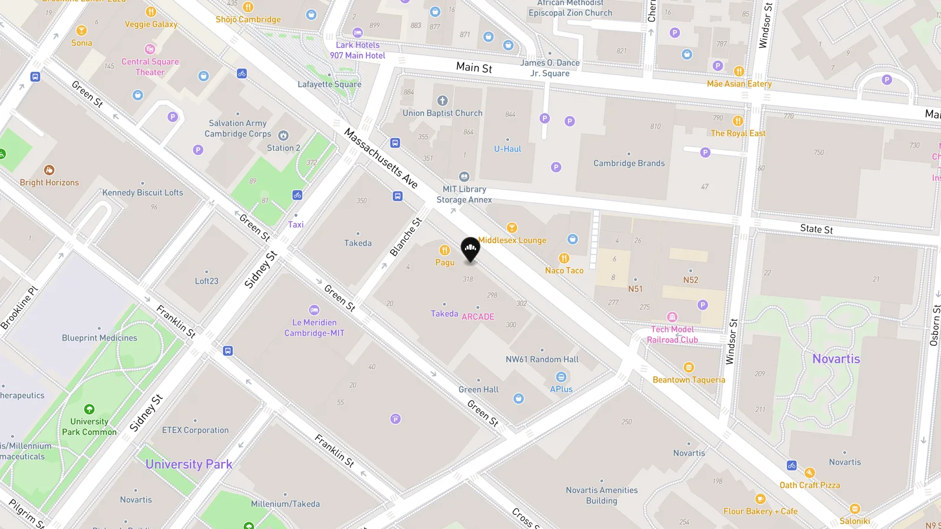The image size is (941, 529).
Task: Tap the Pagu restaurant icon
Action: (x=445, y=250)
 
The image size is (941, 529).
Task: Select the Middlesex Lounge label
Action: (x=512, y=240)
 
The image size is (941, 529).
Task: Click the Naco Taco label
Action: (x=564, y=270)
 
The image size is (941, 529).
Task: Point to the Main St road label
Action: (x=474, y=68)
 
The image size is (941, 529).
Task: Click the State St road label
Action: (x=816, y=229)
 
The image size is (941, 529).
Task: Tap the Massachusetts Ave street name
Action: (x=381, y=159)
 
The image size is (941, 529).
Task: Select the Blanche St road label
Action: (x=406, y=237)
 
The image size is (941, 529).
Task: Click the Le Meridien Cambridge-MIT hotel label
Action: (x=315, y=327)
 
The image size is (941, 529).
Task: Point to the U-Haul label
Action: (x=508, y=149)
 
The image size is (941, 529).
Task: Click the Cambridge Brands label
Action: (x=629, y=163)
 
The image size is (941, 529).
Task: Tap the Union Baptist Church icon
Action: (x=442, y=101)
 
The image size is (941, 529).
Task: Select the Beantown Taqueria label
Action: (x=689, y=380)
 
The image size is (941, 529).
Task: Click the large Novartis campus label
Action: (x=836, y=359)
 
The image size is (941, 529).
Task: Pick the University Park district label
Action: (x=189, y=464)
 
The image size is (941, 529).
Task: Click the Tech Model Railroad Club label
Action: (x=672, y=334)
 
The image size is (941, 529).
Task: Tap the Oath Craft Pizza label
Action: (x=810, y=485)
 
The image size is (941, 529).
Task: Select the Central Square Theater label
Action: (x=150, y=67)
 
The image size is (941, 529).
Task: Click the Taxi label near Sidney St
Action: (x=296, y=225)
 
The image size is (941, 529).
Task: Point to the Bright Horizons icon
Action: (x=49, y=170)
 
